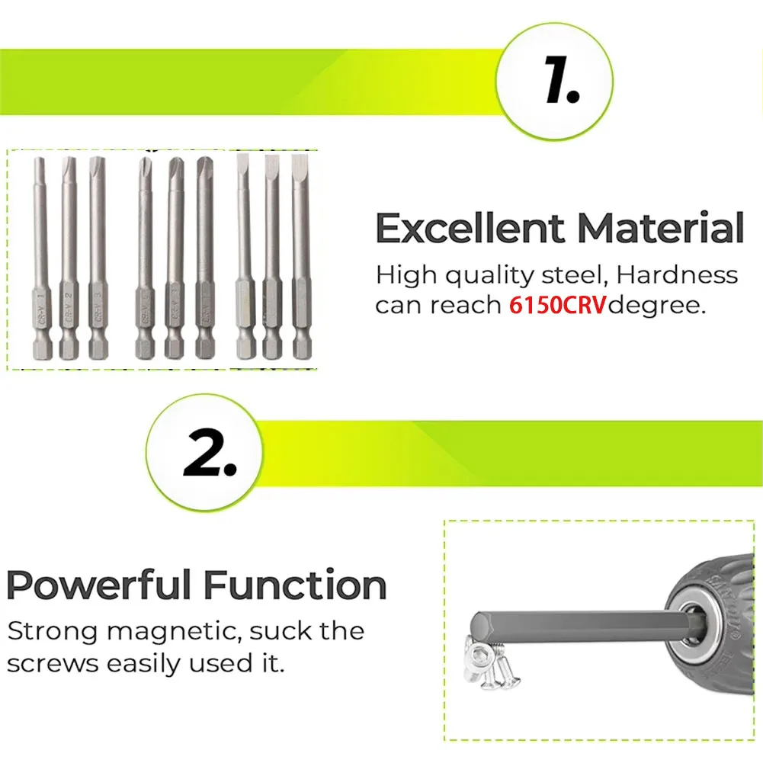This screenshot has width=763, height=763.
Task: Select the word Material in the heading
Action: (x=660, y=229)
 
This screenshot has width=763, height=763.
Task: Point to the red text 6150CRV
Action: (x=556, y=306)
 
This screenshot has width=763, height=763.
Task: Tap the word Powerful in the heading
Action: (x=99, y=585)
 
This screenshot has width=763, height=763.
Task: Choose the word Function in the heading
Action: (x=295, y=585)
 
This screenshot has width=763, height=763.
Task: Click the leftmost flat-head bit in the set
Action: (x=244, y=259)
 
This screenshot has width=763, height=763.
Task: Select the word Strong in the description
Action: (x=51, y=631)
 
